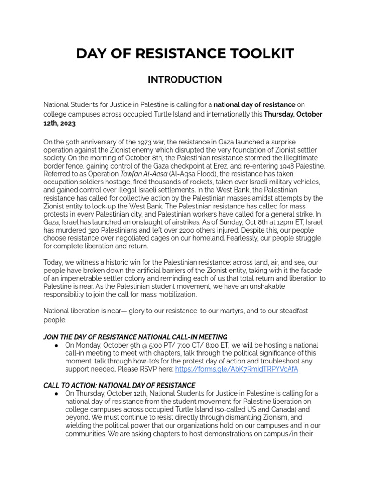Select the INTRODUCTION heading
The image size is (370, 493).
(185, 80)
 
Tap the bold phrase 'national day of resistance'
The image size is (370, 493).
(254, 104)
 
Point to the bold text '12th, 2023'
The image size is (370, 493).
(60, 123)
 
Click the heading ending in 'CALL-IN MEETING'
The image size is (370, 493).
(135, 337)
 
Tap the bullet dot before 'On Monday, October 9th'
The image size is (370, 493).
(56, 346)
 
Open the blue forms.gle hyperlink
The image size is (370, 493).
(237, 369)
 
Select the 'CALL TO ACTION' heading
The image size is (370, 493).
(119, 385)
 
